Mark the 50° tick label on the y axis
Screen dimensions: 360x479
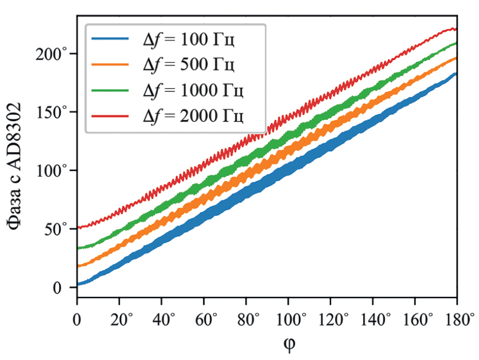point(58,229)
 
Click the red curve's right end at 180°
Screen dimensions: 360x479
point(456,29)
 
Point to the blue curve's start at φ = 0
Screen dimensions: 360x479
point(78,284)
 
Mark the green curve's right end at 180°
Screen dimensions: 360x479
point(456,43)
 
